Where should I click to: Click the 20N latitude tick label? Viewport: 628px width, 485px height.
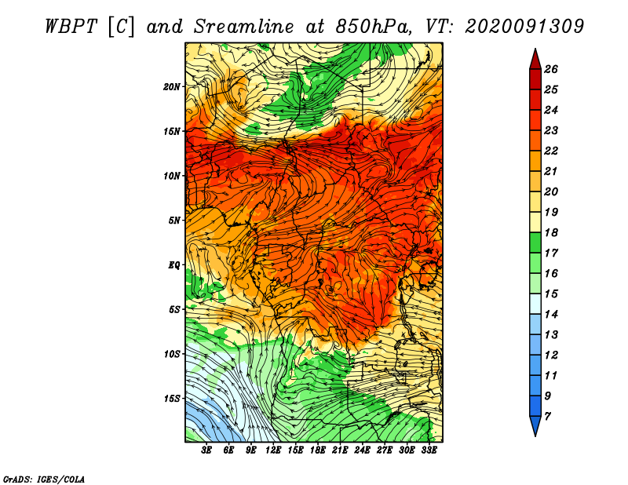pos(172,86)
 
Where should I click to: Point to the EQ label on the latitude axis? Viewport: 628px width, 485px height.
pos(174,264)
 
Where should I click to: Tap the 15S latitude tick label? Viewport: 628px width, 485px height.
pos(172,399)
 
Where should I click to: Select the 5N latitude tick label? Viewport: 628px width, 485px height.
pos(174,221)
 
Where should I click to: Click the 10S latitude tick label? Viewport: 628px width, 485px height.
pos(172,354)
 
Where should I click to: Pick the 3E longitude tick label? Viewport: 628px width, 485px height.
pos(206,450)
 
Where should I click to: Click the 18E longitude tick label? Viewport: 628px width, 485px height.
pos(318,450)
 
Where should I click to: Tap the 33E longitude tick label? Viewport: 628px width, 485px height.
pos(429,450)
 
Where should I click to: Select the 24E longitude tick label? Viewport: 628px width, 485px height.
pos(362,450)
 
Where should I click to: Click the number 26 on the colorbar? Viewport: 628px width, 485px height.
pos(551,69)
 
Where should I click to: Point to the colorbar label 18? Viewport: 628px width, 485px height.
pos(551,232)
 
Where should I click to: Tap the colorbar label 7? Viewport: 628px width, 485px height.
pos(548,417)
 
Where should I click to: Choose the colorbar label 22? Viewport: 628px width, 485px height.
pos(551,151)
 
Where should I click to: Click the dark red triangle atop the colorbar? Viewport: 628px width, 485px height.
pos(535,60)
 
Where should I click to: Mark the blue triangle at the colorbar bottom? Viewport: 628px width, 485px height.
pos(535,425)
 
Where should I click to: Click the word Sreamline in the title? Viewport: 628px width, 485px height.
pos(244,27)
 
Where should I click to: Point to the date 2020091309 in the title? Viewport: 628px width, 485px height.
pos(524,27)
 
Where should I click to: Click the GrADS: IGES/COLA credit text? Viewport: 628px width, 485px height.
pos(44,479)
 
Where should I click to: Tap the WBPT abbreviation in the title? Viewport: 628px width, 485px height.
pos(71,27)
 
